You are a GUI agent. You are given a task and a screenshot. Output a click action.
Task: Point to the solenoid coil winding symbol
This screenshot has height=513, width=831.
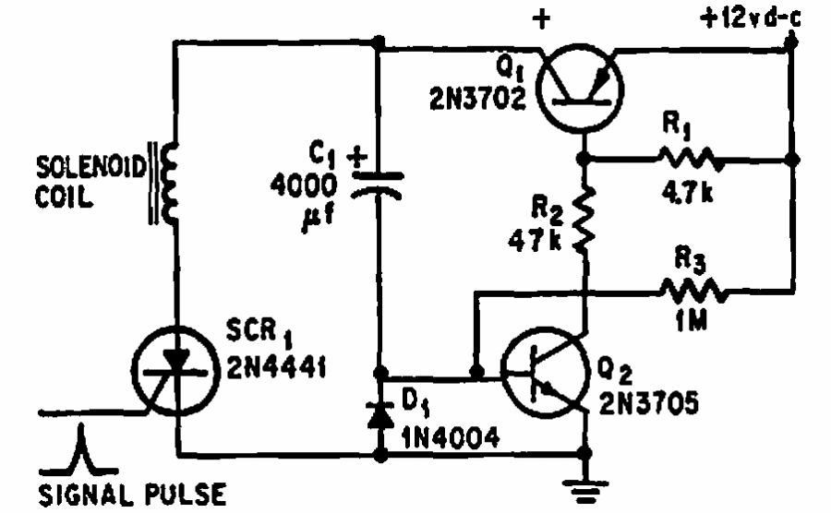pos(168,188)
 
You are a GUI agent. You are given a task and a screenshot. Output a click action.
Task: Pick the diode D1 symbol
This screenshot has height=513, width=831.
pos(378,414)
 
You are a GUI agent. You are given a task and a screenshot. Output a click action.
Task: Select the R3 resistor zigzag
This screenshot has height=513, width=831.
pos(691,293)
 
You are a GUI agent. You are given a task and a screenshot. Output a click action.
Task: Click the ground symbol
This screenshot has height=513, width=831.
pos(583,490)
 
